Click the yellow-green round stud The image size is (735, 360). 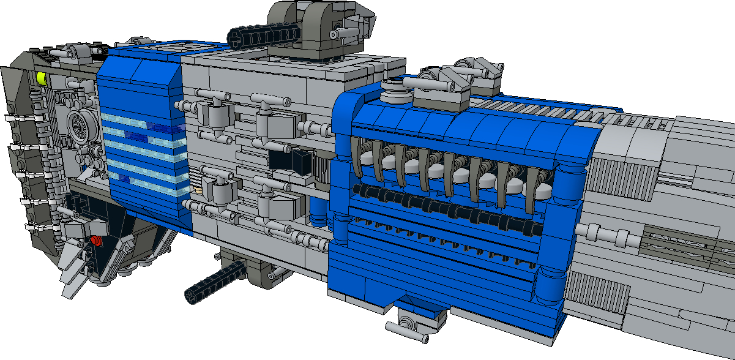click(42, 78)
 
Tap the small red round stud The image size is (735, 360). click(95, 241)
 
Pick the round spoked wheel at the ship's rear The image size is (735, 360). click(80, 127)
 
